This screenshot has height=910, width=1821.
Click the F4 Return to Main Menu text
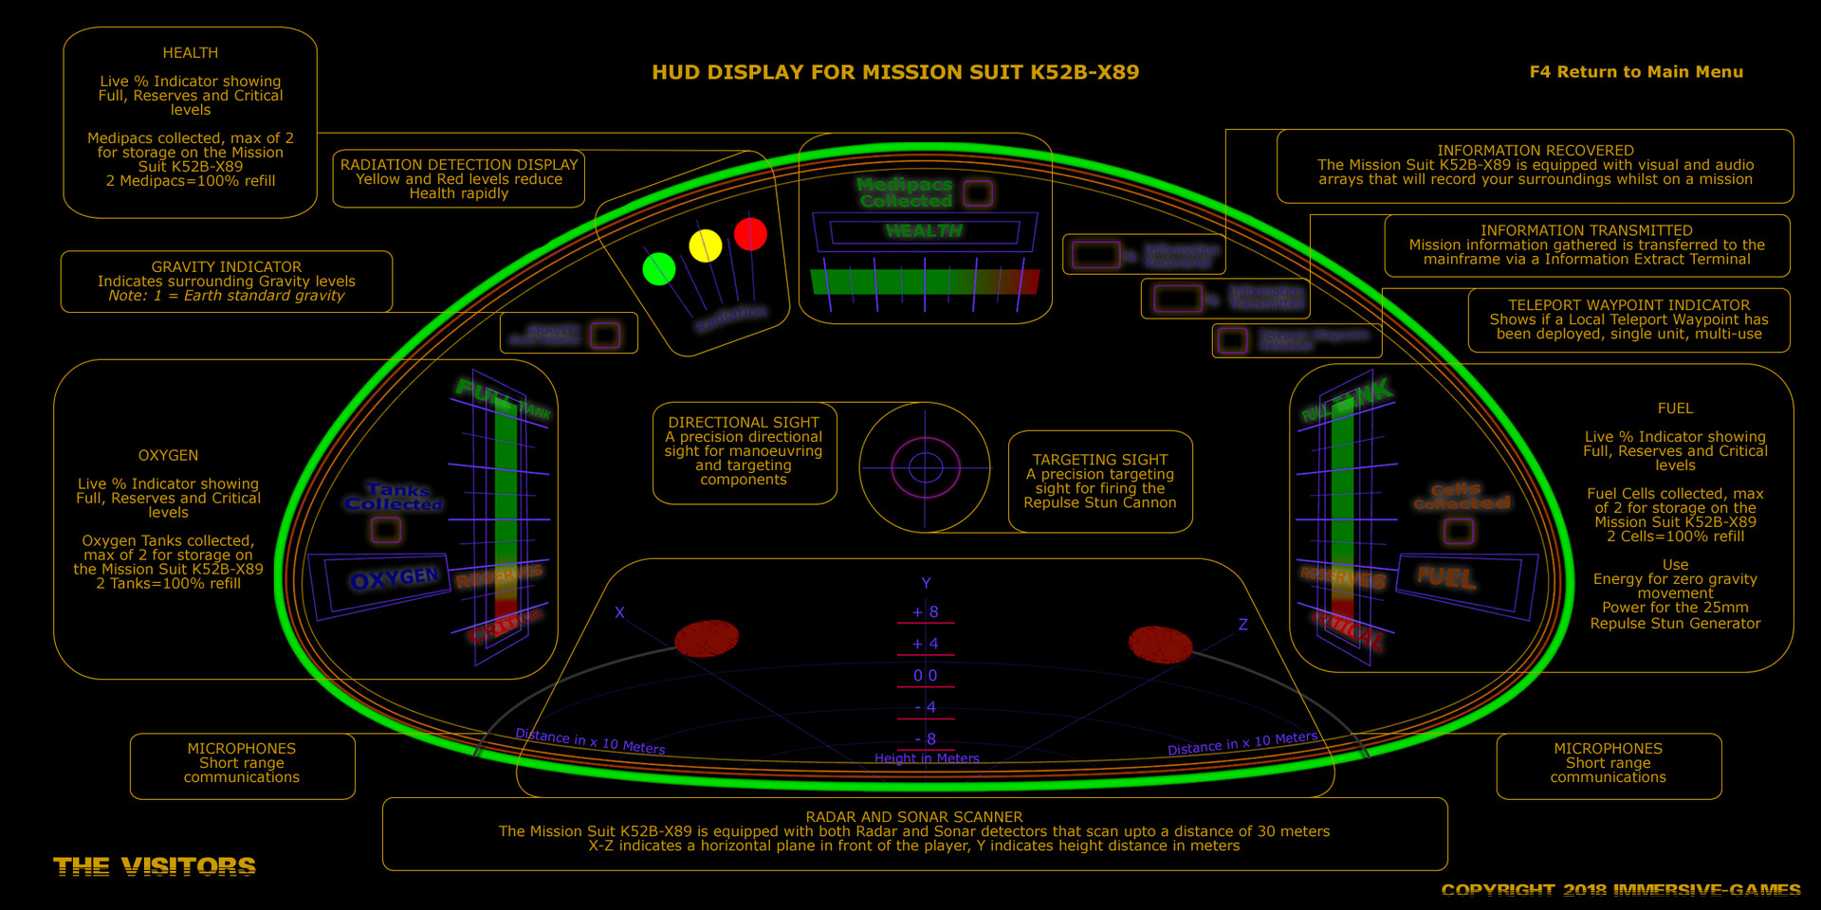click(x=1636, y=72)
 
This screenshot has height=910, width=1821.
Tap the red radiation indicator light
click(x=750, y=234)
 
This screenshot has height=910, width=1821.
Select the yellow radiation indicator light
click(x=705, y=246)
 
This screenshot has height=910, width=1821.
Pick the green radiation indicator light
click(x=658, y=269)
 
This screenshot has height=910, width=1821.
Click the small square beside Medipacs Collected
click(x=978, y=193)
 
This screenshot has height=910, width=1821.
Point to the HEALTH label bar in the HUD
click(x=924, y=231)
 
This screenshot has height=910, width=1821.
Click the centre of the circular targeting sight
click(x=925, y=467)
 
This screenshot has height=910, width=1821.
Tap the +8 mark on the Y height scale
click(x=926, y=612)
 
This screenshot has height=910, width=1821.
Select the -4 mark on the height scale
click(x=926, y=707)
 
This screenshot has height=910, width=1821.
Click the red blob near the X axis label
click(x=707, y=639)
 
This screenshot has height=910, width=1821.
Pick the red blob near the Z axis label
click(x=1160, y=645)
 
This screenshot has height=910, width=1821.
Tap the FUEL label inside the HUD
click(x=1446, y=576)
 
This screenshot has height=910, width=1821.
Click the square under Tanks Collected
click(x=386, y=530)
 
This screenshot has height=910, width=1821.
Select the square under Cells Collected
click(x=1459, y=531)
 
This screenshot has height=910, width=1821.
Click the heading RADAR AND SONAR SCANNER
click(x=914, y=817)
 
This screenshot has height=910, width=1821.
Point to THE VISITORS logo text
click(x=155, y=866)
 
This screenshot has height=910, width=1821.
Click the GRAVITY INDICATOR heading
click(x=227, y=267)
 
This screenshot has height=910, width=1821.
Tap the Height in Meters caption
click(x=927, y=758)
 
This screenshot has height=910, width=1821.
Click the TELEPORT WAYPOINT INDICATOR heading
click(x=1628, y=305)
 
